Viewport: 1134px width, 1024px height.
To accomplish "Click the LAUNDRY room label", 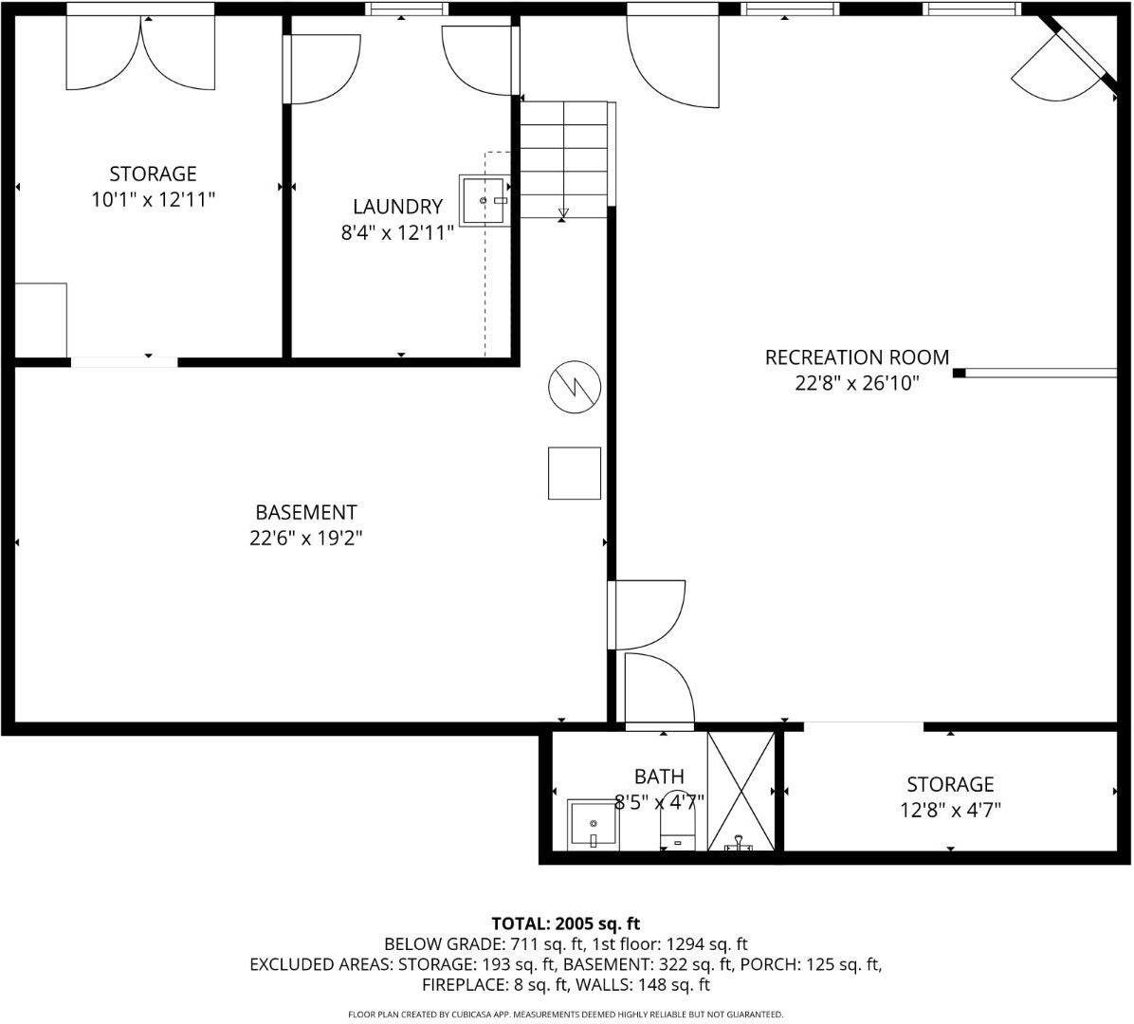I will pyautogui.click(x=397, y=207).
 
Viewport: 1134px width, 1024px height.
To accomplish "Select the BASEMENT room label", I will pyautogui.click(x=305, y=513).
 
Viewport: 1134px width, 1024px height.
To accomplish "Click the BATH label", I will pyautogui.click(x=659, y=777).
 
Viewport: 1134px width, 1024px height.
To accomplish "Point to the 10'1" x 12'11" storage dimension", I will pyautogui.click(x=153, y=200).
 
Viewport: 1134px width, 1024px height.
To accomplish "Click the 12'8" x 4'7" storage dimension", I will pyautogui.click(x=950, y=811).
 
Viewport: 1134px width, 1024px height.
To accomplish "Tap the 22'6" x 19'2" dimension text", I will pyautogui.click(x=305, y=539).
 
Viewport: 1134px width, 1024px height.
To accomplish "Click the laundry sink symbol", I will pyautogui.click(x=486, y=201).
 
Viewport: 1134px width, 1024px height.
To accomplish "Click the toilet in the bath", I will pyautogui.click(x=677, y=825).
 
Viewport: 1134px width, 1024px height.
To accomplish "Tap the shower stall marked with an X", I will pyautogui.click(x=741, y=790).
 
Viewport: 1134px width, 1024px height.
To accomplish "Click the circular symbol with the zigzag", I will pyautogui.click(x=575, y=388).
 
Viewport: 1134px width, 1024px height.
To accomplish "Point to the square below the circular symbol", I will pyautogui.click(x=575, y=473).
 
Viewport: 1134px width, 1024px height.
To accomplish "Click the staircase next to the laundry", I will pyautogui.click(x=564, y=158).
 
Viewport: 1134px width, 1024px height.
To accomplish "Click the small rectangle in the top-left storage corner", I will pyautogui.click(x=41, y=320).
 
